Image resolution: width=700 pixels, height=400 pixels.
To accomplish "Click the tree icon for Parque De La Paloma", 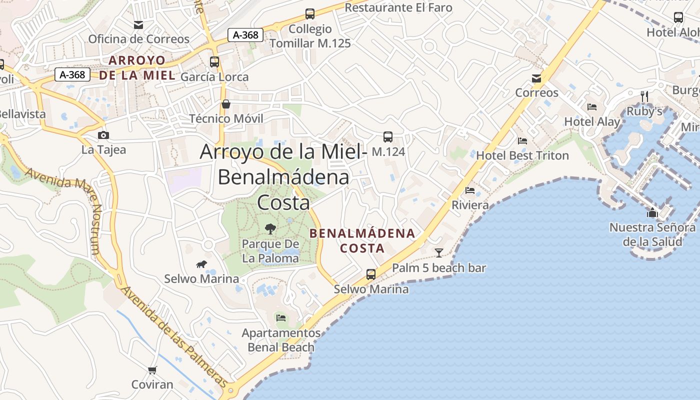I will pos(270,229).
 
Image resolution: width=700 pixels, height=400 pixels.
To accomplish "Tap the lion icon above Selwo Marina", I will pos(201,264).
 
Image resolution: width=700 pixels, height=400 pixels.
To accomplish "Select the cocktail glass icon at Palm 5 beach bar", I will pos(439,252).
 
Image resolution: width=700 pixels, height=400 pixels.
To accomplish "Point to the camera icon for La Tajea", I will pos(103,135).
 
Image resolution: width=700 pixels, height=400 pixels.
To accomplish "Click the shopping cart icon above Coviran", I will pos(152,370).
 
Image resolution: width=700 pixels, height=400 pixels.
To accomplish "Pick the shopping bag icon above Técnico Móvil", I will pos(226,104).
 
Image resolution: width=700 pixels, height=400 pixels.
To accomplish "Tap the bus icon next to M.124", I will pos(387,136).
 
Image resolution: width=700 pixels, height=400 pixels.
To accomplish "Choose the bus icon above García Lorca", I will pos(214,62).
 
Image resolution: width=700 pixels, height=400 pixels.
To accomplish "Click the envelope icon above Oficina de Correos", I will pos(138,24).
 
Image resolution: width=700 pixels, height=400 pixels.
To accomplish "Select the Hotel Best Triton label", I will pos(522,155).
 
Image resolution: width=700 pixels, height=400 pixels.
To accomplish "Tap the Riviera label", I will pos(470,205).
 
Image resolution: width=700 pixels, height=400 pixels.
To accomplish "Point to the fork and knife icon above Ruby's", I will pos(644,95).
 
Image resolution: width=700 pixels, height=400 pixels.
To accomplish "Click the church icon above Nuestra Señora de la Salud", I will pos(652,213).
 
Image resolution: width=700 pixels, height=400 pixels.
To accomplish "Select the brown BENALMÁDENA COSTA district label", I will pos(362,240).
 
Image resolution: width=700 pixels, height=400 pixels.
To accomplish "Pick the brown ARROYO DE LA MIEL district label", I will pos(137,68).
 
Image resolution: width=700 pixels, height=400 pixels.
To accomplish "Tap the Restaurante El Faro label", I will pos(398,7).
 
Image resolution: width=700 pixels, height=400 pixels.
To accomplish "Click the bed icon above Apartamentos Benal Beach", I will pos(281,317).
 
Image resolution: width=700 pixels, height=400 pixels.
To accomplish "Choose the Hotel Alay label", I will pos(592,121).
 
